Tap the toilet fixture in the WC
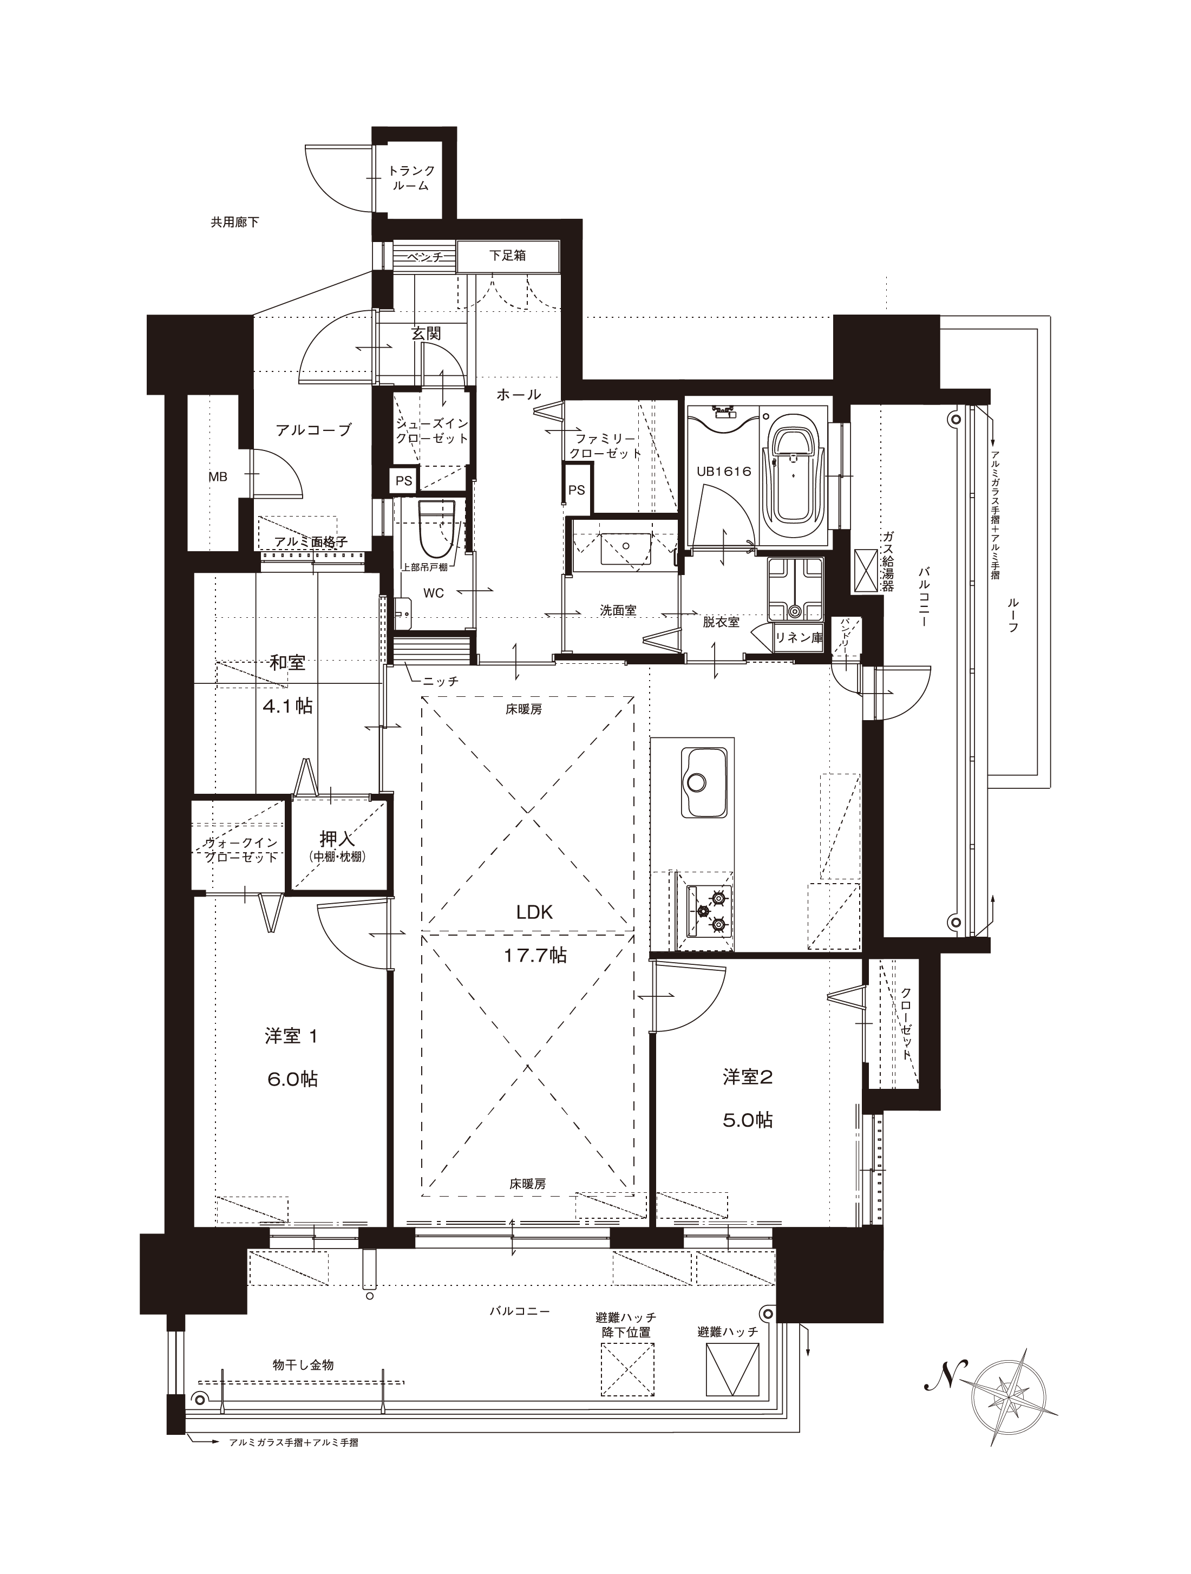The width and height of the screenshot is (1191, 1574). [437, 530]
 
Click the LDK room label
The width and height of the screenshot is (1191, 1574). [534, 913]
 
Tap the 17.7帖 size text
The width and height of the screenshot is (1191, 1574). [535, 956]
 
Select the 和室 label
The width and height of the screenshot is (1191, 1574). [287, 663]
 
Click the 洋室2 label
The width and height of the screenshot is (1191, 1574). [747, 1076]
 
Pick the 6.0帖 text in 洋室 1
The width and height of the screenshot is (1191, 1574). [292, 1080]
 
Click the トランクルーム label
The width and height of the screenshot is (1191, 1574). [411, 178]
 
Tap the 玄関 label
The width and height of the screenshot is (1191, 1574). [426, 333]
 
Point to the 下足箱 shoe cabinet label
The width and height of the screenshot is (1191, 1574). [507, 256]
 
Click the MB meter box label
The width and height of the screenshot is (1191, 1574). [218, 478]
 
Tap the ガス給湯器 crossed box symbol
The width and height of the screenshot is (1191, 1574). [867, 571]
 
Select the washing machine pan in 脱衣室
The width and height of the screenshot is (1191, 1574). [795, 589]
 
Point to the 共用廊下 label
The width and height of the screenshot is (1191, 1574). [235, 223]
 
